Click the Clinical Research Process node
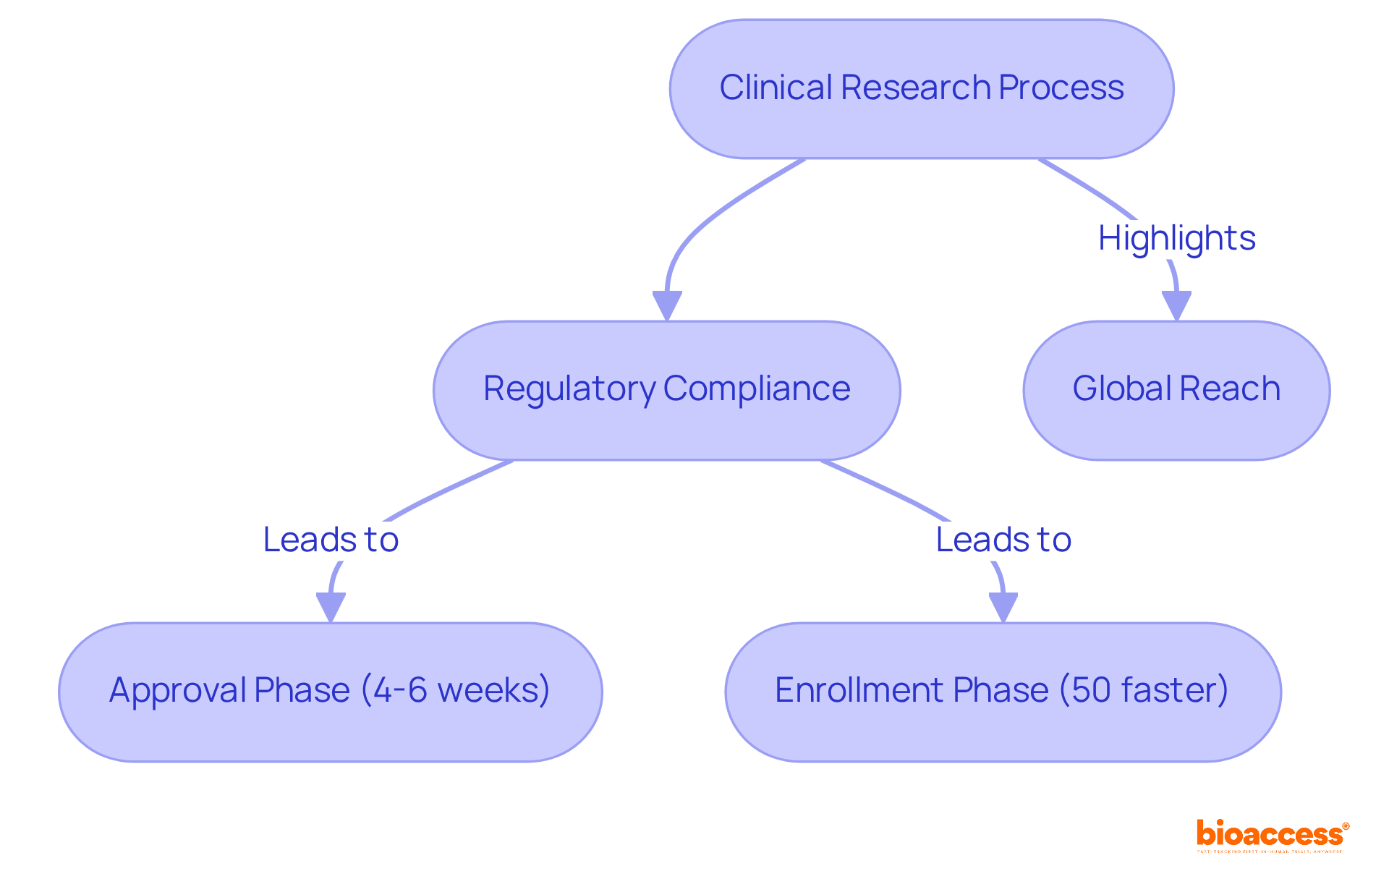[x=921, y=89]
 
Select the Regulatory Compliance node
[x=666, y=390]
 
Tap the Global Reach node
[x=1176, y=390]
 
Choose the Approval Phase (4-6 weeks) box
[x=330, y=692]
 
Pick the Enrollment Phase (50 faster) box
[x=1003, y=692]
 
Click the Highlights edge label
[x=1176, y=238]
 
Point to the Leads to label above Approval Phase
[x=331, y=540]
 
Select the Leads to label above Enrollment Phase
[x=1003, y=540]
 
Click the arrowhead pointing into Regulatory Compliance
[x=667, y=305]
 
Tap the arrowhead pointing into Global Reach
[x=1176, y=305]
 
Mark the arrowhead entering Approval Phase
[x=331, y=607]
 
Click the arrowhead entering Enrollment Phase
[x=1003, y=607]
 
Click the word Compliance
[x=756, y=389]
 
